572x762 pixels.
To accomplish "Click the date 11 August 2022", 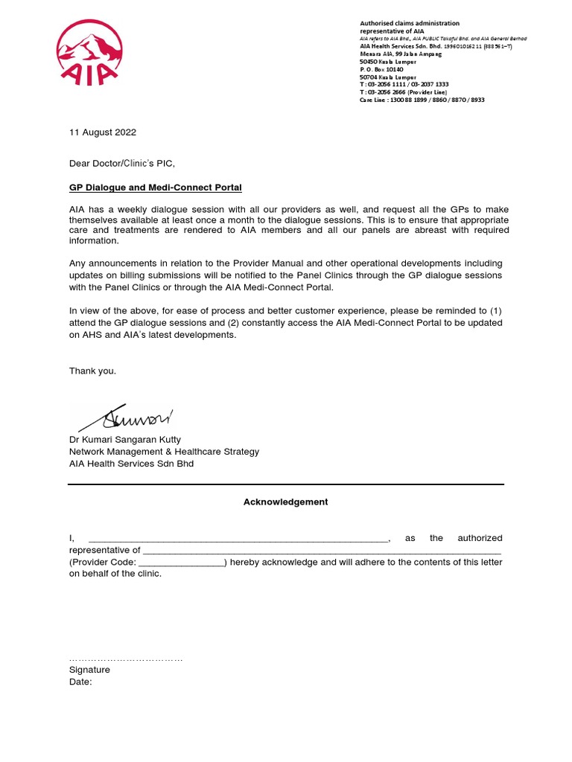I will pyautogui.click(x=103, y=132).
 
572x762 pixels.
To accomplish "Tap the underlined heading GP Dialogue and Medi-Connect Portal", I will pyautogui.click(x=155, y=188).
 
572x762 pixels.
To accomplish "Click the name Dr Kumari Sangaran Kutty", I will pyautogui.click(x=125, y=440).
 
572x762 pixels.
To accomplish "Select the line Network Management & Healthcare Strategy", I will pyautogui.click(x=164, y=452).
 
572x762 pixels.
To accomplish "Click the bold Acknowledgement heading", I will pyautogui.click(x=285, y=502).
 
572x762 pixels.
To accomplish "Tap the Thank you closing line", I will pyautogui.click(x=92, y=371).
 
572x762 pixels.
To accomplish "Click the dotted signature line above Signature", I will pyautogui.click(x=125, y=659).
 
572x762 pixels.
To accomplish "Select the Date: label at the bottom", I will pyautogui.click(x=80, y=682).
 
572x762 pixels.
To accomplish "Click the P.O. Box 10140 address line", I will pyautogui.click(x=381, y=69).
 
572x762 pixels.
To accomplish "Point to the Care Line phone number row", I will pyautogui.click(x=422, y=100).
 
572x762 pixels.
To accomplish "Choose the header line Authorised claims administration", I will pyautogui.click(x=410, y=24).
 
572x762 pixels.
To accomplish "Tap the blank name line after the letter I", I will pyautogui.click(x=238, y=539).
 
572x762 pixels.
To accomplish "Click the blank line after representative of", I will pyautogui.click(x=322, y=551).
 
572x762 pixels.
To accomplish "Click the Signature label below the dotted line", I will pyautogui.click(x=89, y=670).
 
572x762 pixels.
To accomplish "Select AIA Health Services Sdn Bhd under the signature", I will pyautogui.click(x=131, y=464).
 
